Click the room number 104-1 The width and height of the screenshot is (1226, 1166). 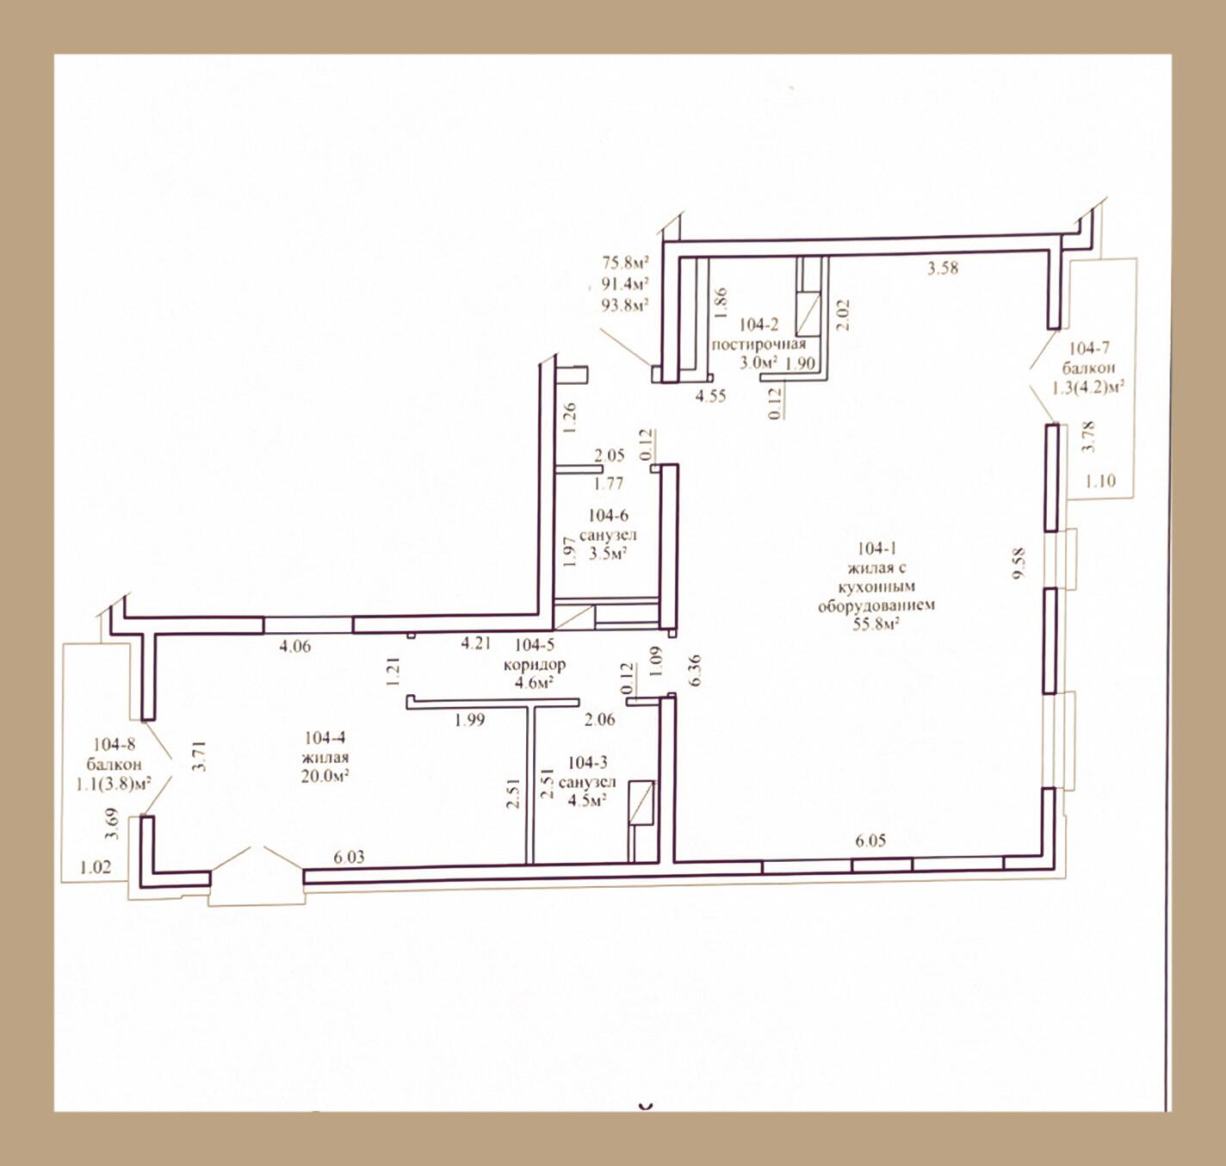coord(876,549)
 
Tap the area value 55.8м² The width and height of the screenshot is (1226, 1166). coord(876,623)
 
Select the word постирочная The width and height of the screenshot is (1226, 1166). coord(759,344)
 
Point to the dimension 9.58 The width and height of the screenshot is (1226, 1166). coord(1020,564)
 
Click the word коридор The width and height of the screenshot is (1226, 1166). coord(535,665)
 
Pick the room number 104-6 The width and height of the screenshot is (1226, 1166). coord(609,515)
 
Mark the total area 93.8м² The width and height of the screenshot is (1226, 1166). coord(625,304)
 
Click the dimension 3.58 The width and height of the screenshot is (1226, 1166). coord(943,269)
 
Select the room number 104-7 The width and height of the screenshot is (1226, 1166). coord(1089,348)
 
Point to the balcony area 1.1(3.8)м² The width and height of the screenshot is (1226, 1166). coord(115,785)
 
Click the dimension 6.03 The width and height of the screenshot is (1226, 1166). coord(349,857)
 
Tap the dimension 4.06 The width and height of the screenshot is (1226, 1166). coord(295,647)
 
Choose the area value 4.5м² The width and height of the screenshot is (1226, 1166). coord(587,800)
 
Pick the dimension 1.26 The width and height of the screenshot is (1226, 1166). coord(570,418)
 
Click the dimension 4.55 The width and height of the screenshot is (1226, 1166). coord(711,395)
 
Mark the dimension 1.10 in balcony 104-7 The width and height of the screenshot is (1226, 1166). coord(1100,481)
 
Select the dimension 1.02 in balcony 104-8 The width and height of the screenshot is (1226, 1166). coord(96,867)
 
